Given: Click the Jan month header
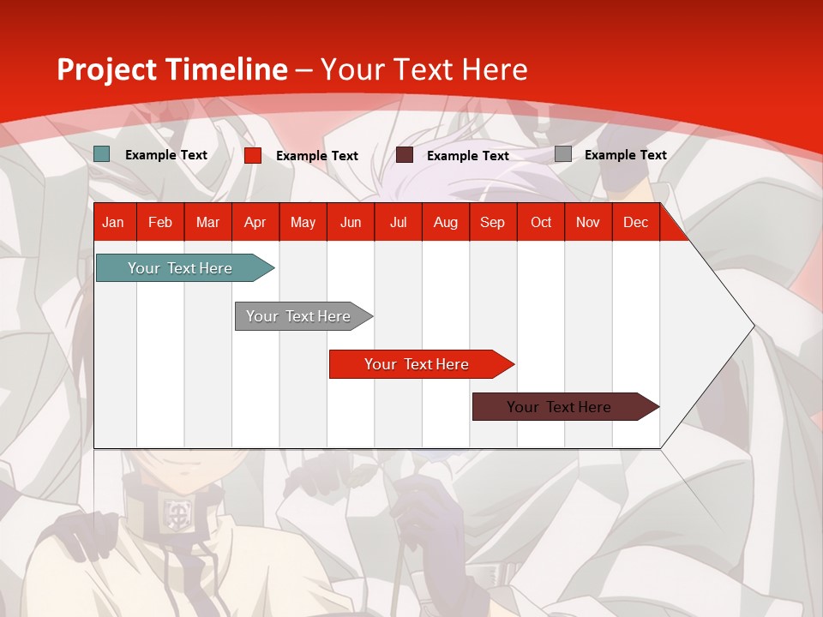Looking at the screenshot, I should coord(113,222).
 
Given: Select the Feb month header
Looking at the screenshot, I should coord(160,222).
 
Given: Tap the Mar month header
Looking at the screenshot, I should coord(207,222).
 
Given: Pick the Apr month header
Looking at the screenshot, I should coord(255,222).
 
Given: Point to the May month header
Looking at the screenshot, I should coord(303,222).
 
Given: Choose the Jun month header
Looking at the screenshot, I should coord(351,222).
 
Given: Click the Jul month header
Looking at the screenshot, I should coord(398,222).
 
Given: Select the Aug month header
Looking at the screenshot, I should coord(446,222).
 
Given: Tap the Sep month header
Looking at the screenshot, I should coord(492,222).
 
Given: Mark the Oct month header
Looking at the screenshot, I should coord(541,222).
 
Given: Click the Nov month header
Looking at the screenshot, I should coord(588,222).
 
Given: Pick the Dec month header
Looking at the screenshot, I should coord(635,222).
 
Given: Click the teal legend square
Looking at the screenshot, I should coord(102,154).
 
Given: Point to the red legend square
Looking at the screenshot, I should coord(253,155).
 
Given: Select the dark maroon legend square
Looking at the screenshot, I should coord(405,154).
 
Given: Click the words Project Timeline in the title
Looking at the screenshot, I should coord(172,69).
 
